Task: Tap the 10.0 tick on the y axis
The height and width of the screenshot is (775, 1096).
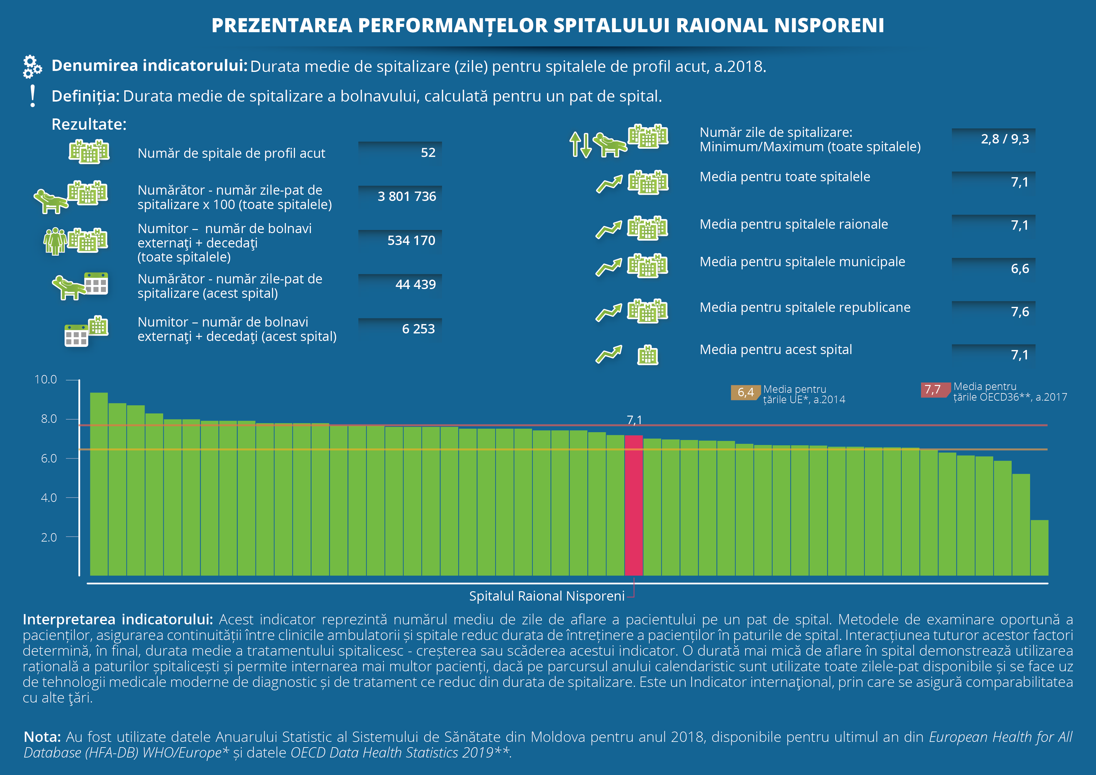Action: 46,380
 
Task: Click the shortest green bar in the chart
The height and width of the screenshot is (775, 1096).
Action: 1039,548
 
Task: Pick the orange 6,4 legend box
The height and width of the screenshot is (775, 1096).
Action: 745,392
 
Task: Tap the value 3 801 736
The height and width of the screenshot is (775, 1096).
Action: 407,196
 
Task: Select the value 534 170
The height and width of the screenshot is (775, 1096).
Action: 411,240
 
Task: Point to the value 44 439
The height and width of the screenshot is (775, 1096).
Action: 415,285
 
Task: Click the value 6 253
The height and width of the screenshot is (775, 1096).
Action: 418,329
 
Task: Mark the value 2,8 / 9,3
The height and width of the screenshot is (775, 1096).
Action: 1005,139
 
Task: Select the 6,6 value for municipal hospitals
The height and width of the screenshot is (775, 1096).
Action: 1020,269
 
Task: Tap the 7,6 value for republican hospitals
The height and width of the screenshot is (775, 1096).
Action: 1020,312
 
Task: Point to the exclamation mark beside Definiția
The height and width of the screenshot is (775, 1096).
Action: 32,96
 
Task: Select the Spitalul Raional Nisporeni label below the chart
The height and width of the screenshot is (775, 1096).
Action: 546,596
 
